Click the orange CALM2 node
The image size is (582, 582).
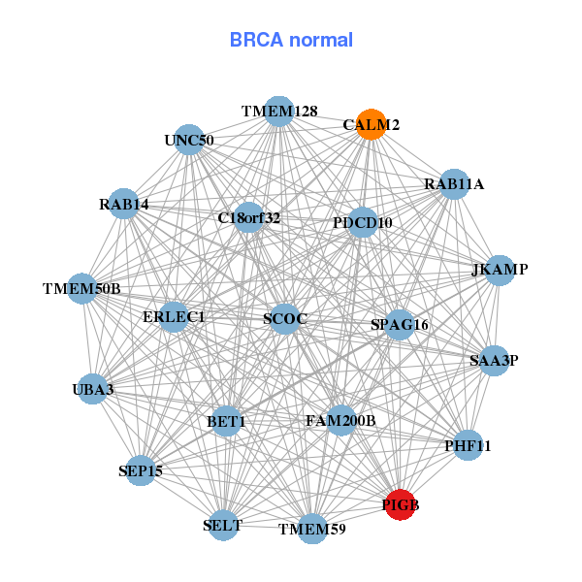tap(371, 125)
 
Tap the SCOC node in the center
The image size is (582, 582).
tap(284, 318)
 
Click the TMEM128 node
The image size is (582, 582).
tap(279, 112)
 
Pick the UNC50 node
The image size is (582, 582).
tap(189, 140)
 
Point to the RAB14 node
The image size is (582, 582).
tap(123, 204)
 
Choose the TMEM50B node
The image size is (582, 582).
tap(82, 288)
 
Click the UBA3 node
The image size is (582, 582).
tap(92, 389)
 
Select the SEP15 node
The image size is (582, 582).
tap(141, 470)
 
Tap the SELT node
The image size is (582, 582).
tap(223, 525)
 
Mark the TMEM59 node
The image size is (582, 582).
tap(311, 529)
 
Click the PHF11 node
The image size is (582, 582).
tap(469, 446)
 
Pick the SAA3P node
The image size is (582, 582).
tap(494, 361)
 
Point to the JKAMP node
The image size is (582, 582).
tap(499, 270)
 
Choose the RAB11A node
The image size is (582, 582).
tap(454, 183)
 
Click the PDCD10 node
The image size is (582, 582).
tap(362, 223)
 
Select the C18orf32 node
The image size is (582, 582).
tap(249, 217)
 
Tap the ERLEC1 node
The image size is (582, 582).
tap(174, 316)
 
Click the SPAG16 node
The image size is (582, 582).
tap(400, 324)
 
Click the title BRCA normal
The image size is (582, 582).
tap(291, 41)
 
